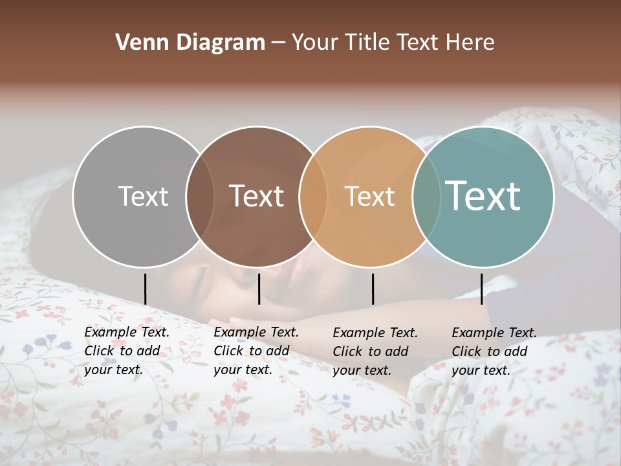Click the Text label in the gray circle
[143, 196]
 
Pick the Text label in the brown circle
[257, 196]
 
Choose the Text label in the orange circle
[370, 196]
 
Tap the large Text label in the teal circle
[483, 195]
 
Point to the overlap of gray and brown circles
[200, 196]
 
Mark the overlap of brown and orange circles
[313, 196]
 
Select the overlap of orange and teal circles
[426, 196]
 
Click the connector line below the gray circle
[145, 289]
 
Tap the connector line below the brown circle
[259, 289]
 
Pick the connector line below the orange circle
[373, 289]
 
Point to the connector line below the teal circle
[481, 289]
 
